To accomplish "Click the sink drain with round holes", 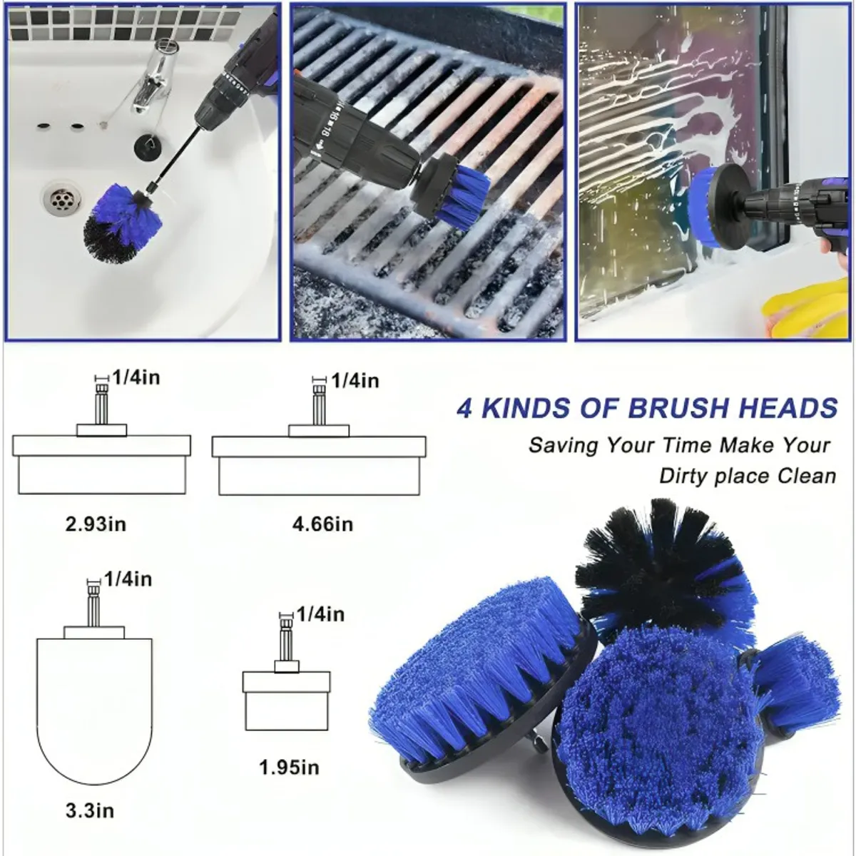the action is (62, 198).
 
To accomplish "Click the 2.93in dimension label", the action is (96, 524).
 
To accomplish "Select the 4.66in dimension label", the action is (322, 524).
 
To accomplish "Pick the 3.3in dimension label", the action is (90, 810).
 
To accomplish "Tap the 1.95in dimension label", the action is (289, 768).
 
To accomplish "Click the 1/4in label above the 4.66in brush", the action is (355, 381).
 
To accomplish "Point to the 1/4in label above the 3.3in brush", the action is (128, 579).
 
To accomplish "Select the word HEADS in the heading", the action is (788, 408).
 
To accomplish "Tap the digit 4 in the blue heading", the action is (464, 408).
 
